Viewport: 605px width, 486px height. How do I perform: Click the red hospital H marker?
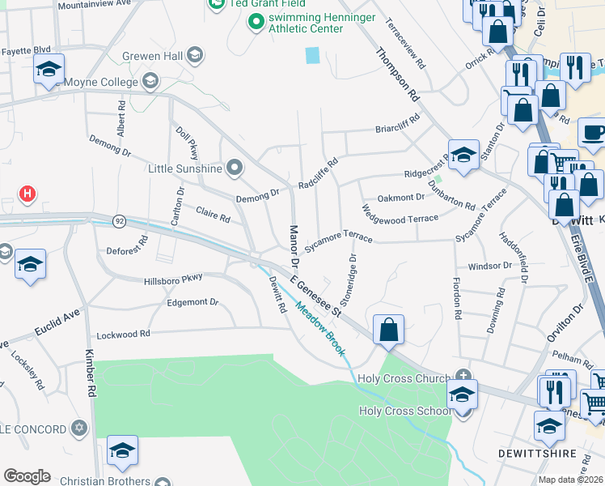click(x=27, y=194)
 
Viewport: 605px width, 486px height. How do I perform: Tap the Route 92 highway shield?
click(x=120, y=221)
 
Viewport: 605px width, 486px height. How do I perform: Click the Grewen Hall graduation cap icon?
click(x=194, y=56)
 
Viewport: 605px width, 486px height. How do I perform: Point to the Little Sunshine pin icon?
click(x=235, y=168)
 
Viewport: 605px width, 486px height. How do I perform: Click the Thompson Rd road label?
click(x=398, y=74)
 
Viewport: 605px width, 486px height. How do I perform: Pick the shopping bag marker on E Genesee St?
click(x=389, y=330)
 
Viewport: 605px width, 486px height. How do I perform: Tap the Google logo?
click(x=27, y=475)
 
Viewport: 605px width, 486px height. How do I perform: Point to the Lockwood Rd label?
click(x=123, y=334)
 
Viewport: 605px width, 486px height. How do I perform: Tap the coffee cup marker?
click(x=594, y=132)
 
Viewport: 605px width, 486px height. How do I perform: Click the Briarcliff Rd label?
click(x=398, y=128)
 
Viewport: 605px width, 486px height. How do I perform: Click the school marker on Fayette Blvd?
click(x=49, y=71)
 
